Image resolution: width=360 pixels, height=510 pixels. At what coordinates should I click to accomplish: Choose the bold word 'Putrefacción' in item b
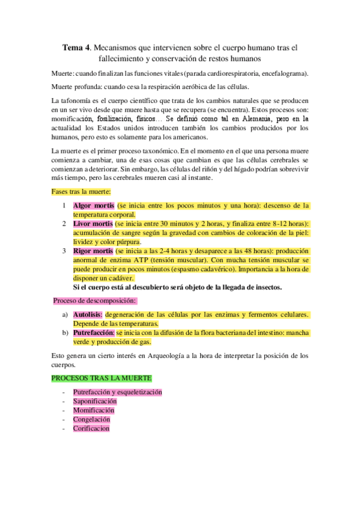coord(93,333)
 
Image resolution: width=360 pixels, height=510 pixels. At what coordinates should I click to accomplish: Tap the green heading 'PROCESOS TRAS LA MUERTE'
coord(101,378)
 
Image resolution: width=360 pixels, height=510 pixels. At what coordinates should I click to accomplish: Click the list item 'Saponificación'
coord(95,401)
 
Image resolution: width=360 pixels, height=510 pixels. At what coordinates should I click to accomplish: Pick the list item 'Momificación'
coord(93,410)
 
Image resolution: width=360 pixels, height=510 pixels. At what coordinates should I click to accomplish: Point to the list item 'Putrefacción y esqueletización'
coord(118,392)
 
